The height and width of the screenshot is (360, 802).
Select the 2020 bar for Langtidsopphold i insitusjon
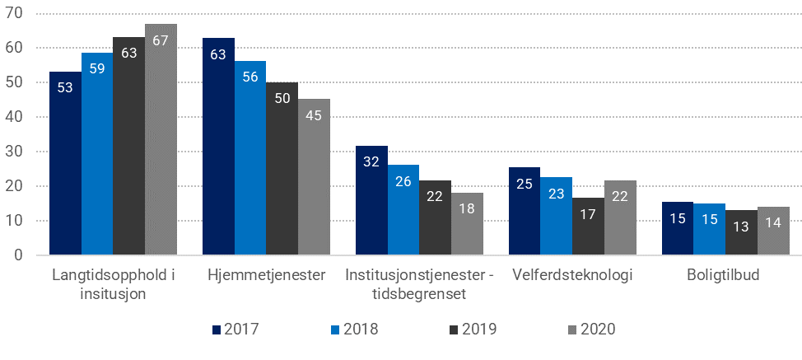[x=161, y=139]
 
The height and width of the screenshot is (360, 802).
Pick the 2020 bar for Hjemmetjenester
[x=314, y=177]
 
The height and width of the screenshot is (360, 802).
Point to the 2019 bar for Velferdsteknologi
[x=588, y=227]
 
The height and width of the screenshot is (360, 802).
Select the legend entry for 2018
[x=353, y=330]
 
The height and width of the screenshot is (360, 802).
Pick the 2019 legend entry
[x=472, y=330]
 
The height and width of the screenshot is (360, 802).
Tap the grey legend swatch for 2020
[x=573, y=330]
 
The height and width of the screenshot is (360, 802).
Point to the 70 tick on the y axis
[x=16, y=14]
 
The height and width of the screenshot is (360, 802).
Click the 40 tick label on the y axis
[x=16, y=117]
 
